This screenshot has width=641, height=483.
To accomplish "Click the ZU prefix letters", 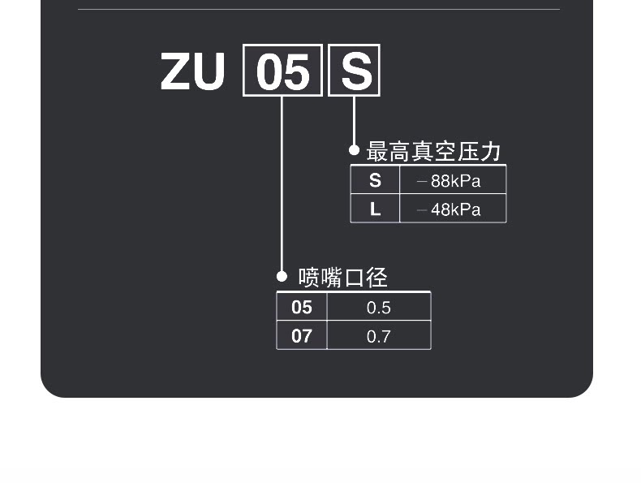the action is coord(192,71).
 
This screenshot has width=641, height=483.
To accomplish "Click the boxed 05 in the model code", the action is coord(282,71).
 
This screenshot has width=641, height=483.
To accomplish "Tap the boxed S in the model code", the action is coord(354,71).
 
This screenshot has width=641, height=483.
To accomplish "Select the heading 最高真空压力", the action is coord(433,151).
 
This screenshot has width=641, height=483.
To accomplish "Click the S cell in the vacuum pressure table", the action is coord(375,180).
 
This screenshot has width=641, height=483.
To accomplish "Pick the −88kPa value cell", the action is coord(453,180).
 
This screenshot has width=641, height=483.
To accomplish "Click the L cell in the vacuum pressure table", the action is coord(375,209).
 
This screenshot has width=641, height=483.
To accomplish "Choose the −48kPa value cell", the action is coord(453,209).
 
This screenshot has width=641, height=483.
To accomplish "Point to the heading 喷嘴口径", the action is coord(342,278).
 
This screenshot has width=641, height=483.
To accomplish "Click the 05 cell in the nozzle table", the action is coord(302,307).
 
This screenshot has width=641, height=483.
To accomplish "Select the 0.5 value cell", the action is coord(379,307).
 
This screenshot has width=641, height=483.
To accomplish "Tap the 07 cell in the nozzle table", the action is coord(302,335).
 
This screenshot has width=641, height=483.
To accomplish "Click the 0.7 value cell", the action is coord(379,335).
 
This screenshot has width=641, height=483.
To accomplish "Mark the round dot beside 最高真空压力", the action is coord(354,150).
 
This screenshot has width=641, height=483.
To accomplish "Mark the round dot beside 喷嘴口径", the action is coord(282,277).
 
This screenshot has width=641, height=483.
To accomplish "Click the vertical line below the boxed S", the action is coord(354,121).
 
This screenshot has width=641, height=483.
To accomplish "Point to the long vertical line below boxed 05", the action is coord(282,184).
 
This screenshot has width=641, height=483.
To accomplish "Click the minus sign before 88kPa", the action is coord(422,181).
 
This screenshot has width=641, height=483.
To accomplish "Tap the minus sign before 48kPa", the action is coord(422,209).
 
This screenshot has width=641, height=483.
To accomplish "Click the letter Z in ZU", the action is coord(175,71).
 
